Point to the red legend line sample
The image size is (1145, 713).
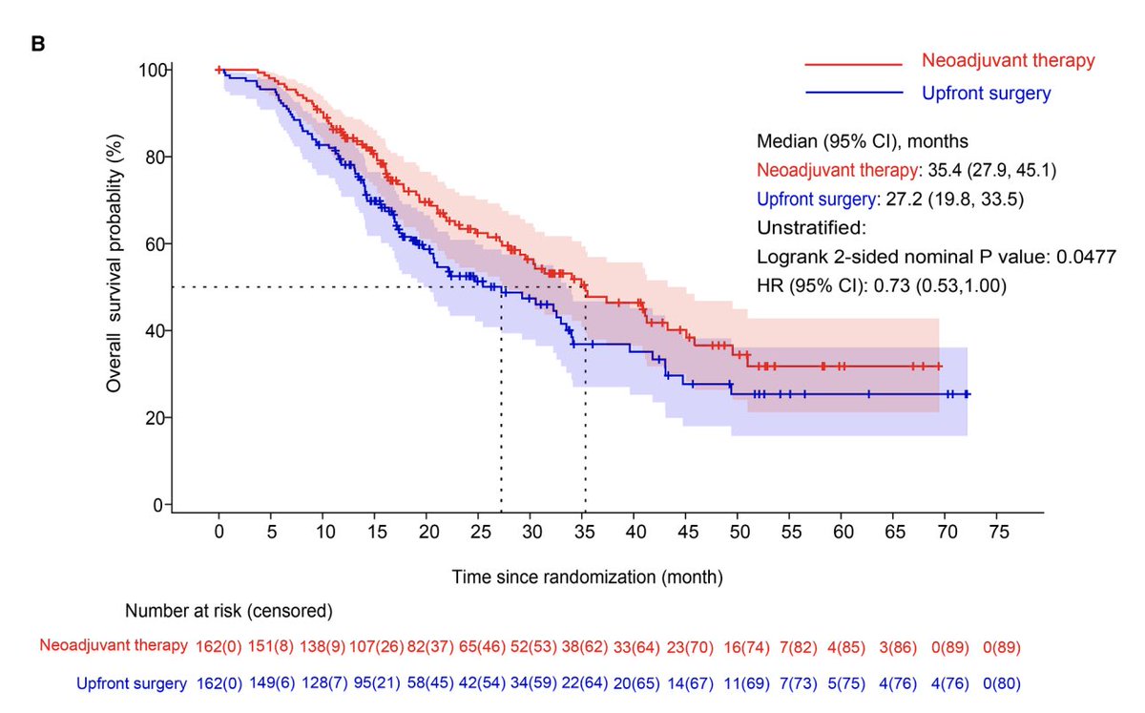(x=853, y=64)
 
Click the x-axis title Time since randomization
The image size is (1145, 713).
(x=587, y=577)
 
